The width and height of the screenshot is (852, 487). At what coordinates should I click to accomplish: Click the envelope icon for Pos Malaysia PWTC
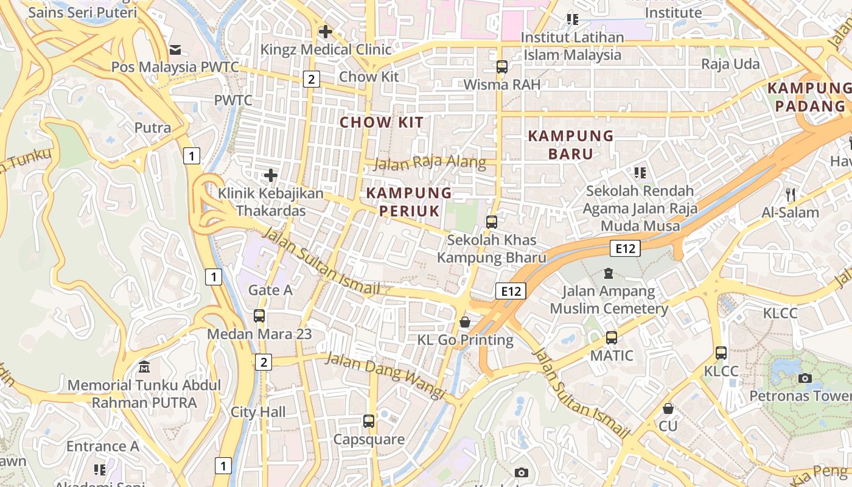[x=175, y=49]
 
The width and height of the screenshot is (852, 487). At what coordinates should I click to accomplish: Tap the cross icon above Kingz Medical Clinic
[x=326, y=31]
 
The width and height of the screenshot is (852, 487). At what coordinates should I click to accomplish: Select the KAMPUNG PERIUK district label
[x=409, y=202]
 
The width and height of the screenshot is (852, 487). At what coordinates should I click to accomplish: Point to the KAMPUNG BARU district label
[x=571, y=144]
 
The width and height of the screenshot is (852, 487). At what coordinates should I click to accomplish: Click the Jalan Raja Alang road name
[x=430, y=163]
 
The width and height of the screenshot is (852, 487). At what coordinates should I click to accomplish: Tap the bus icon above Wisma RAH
[x=502, y=67]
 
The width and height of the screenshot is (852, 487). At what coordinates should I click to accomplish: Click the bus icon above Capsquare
[x=369, y=421]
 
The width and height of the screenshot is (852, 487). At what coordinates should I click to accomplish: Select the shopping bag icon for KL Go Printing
[x=465, y=322]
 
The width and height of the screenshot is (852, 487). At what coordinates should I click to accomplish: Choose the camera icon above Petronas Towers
[x=805, y=378]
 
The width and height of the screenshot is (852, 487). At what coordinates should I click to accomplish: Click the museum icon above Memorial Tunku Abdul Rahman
[x=144, y=367]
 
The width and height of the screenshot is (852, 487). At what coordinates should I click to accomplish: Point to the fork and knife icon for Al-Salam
[x=791, y=195]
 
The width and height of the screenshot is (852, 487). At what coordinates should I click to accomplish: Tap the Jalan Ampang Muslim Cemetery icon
[x=608, y=273]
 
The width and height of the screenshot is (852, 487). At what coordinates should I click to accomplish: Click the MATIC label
[x=612, y=356]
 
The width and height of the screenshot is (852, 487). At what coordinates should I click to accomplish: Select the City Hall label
[x=258, y=412]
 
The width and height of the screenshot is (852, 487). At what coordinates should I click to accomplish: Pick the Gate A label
[x=270, y=290]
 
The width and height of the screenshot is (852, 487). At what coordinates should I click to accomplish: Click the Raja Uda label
[x=730, y=64]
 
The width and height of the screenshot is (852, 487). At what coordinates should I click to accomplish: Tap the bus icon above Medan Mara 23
[x=259, y=316]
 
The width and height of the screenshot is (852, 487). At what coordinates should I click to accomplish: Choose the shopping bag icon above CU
[x=668, y=408]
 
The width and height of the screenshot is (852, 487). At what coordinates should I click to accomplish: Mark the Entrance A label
[x=102, y=446]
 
